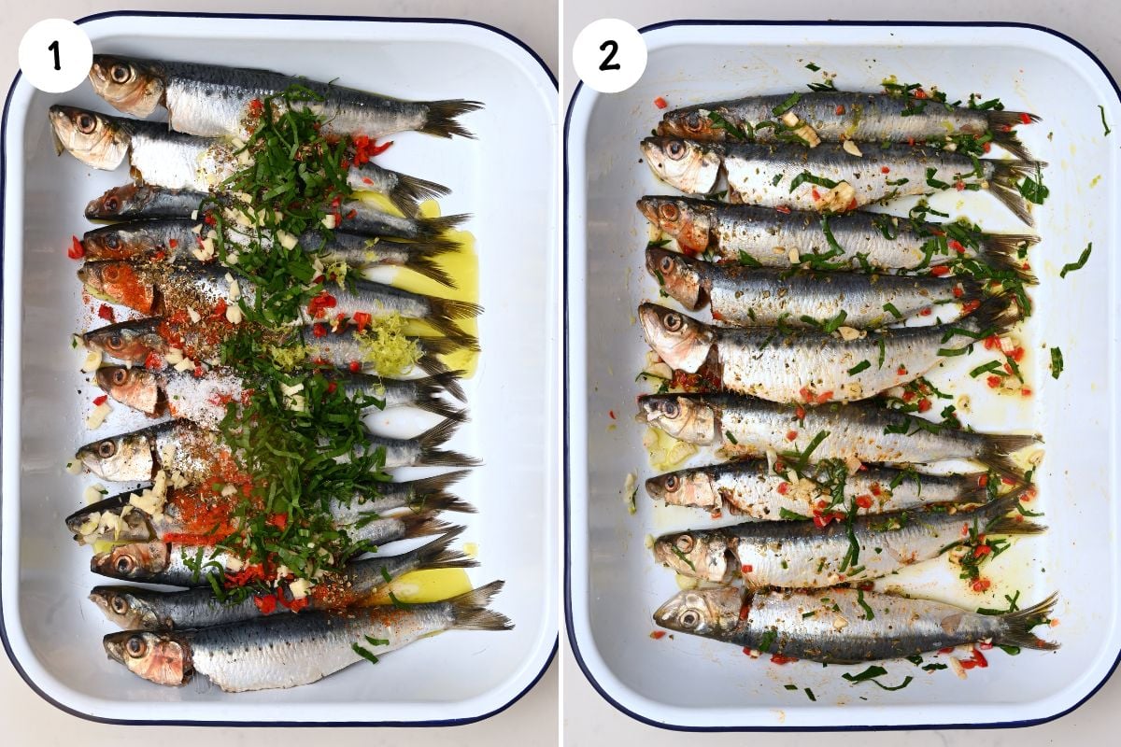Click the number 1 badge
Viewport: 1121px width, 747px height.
(55, 55)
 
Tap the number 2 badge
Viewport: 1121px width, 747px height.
(609, 55)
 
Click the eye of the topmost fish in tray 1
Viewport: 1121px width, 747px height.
(120, 72)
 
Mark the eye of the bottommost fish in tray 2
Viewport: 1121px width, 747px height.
(689, 617)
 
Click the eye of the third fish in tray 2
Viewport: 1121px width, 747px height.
(669, 212)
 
